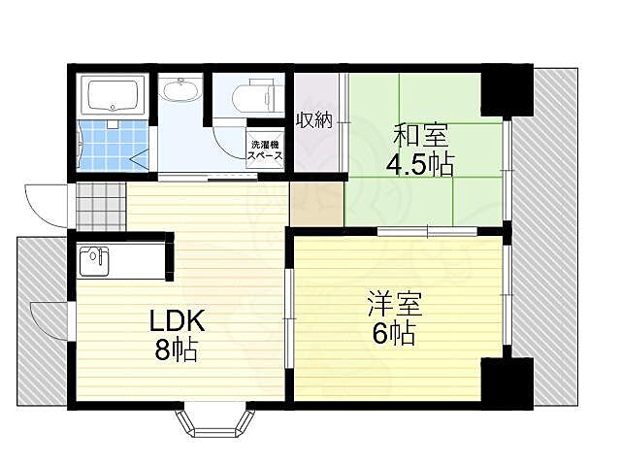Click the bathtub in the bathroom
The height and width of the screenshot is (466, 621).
tap(115, 97)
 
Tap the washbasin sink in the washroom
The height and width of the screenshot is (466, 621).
tap(180, 93)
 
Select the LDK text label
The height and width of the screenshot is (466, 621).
tap(177, 321)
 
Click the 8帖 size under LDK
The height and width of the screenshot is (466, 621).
tap(178, 350)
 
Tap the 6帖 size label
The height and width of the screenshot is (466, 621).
tap(392, 335)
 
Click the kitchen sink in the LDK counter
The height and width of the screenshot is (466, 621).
tap(94, 260)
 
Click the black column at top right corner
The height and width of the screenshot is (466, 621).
tap(507, 89)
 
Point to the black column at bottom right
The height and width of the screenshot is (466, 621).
tap(507, 381)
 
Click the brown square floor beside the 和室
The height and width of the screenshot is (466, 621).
tap(316, 203)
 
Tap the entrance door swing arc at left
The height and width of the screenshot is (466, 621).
tap(45, 204)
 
